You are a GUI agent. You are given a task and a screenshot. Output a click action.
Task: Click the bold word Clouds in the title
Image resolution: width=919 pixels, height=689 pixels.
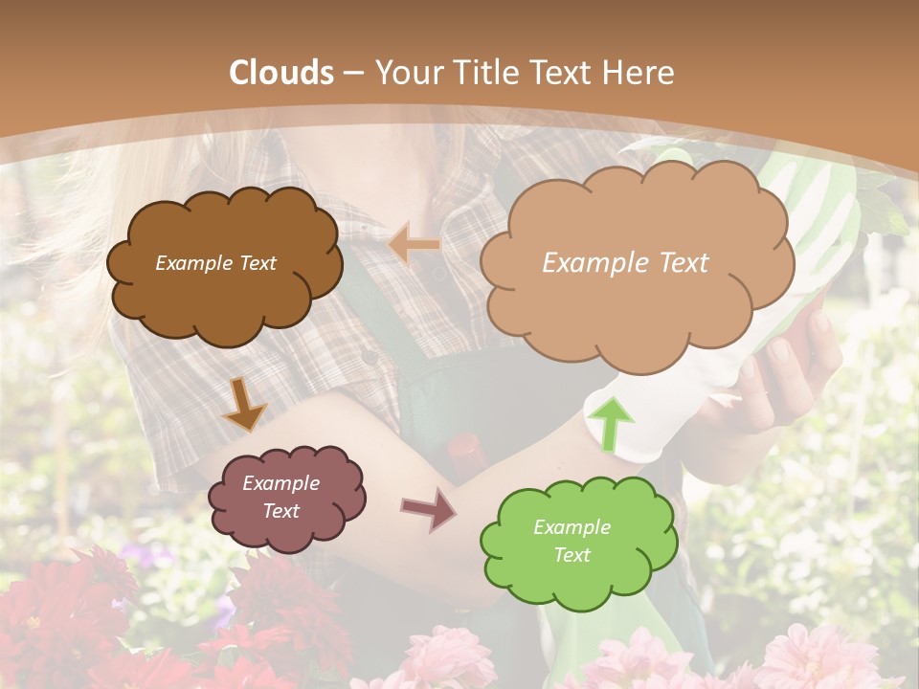pos(282,73)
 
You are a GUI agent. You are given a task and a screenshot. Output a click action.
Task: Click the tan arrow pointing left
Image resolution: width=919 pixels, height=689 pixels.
pos(415,245)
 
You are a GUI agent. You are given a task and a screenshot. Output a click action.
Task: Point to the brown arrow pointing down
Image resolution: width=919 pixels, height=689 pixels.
pos(244,403)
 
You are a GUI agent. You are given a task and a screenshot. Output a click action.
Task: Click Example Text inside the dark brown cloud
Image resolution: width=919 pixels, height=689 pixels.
pos(215,263)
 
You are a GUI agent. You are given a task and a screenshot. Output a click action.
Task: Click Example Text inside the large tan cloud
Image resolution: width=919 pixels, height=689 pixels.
pos(625,263)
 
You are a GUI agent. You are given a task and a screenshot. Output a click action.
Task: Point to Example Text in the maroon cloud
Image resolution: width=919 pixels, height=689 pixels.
pos(280,497)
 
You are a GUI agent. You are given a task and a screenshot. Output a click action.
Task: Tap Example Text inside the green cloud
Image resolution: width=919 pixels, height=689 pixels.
pos(572,541)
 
